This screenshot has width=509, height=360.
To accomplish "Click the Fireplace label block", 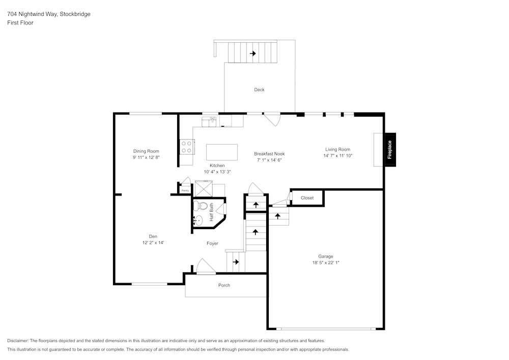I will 390,150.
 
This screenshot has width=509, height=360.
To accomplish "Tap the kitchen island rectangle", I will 221,152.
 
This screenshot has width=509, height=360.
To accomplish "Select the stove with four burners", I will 187,147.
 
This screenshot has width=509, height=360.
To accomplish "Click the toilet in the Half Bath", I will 204,206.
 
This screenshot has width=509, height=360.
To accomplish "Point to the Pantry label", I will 185,190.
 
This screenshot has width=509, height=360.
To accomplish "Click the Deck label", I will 259,90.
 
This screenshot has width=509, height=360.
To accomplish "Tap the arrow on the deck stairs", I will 252,53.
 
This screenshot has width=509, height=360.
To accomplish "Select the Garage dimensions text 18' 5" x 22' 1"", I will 326,263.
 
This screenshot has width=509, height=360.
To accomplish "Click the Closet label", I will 307,198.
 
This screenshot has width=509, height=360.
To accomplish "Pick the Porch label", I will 224,285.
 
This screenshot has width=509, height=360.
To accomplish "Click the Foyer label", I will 212,243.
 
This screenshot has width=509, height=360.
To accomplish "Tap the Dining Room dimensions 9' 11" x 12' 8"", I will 146,158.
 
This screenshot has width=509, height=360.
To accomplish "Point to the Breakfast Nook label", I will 269,153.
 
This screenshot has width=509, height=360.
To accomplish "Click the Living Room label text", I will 337,149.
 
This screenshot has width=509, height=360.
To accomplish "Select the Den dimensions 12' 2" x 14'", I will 153,243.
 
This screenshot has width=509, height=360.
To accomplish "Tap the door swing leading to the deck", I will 272,119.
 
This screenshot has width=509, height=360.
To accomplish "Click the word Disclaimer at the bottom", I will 18,341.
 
